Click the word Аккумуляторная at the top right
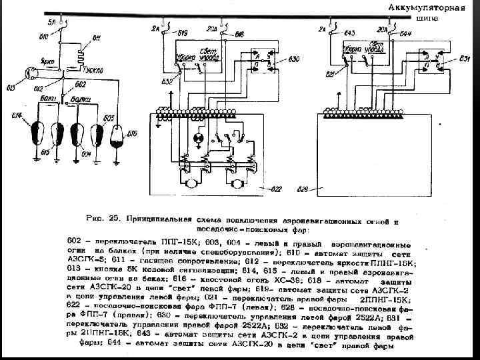(423, 8)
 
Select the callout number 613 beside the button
(10, 88)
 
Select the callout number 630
(294, 59)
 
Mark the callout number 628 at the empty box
(302, 190)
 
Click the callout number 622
(275, 190)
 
